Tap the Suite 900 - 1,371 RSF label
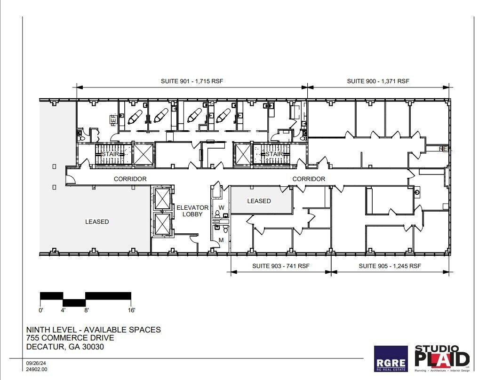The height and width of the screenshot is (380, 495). point(378,81)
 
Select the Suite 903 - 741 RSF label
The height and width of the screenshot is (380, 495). point(280,266)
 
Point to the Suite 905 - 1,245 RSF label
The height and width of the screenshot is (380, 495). point(390,266)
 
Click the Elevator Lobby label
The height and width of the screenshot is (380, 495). point(192,210)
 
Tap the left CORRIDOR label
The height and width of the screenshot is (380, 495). point(130,179)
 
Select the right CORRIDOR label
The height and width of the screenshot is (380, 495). point(309,179)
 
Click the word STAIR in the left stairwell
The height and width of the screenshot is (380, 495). point(110,154)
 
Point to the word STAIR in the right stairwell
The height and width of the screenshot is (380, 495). point(274,154)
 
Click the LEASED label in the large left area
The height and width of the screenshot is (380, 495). point(97,222)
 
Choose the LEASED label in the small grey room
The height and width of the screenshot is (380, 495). point(259,201)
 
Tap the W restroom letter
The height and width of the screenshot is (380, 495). point(221,207)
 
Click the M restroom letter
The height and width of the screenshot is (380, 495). point(221,240)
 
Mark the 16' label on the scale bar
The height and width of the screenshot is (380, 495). point(131,310)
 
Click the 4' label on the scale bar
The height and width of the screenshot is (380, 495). point(63,310)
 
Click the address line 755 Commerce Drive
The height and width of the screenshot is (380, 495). point(70,338)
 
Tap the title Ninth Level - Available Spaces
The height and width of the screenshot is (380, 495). point(93,330)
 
